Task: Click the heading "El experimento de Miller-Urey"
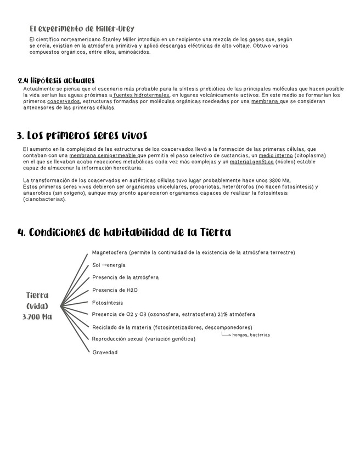point(82,29)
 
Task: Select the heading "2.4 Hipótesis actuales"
point(56,81)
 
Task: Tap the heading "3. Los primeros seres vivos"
point(82,135)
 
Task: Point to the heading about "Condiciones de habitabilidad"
point(124,232)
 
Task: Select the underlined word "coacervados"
point(64,101)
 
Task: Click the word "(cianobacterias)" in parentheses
point(44,199)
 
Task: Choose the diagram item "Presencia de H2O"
point(115,290)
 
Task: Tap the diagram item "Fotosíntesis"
point(108,303)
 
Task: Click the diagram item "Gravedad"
point(104,352)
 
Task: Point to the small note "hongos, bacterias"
point(251,334)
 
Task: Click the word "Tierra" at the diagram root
point(37,295)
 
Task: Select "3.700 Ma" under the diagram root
point(37,317)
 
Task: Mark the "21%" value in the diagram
point(212,314)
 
